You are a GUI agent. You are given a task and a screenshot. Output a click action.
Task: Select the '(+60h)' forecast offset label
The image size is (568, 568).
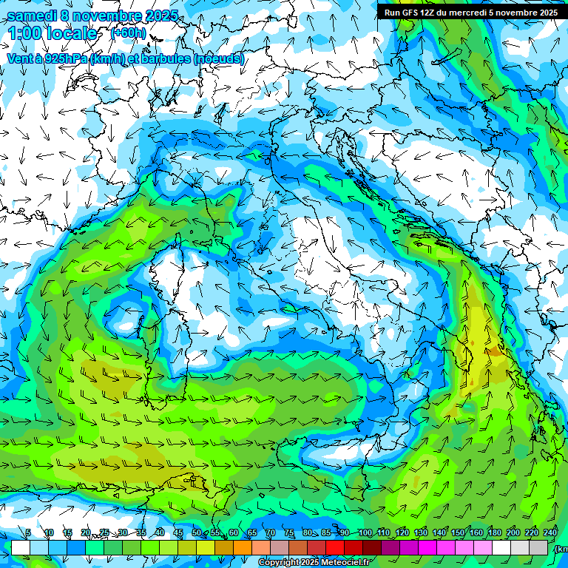pyautogui.click(x=128, y=33)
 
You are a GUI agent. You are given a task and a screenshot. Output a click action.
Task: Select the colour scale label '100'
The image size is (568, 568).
pyautogui.click(x=365, y=533)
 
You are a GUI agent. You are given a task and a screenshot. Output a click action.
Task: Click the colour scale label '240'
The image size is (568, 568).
pyautogui.click(x=550, y=533)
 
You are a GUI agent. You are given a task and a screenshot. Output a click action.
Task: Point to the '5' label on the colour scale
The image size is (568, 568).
pyautogui.click(x=28, y=533)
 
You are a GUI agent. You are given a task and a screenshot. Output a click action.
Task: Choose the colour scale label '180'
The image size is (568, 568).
pyautogui.click(x=494, y=533)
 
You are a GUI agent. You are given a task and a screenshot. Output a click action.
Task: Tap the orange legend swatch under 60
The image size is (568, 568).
pyautogui.click(x=243, y=547)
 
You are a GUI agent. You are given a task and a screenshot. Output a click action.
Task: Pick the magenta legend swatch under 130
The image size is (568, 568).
pyautogui.click(x=427, y=547)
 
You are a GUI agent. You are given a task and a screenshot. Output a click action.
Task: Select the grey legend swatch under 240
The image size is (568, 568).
pyautogui.click(x=538, y=547)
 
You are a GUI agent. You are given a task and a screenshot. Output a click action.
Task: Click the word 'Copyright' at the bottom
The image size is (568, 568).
pyautogui.click(x=279, y=563)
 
